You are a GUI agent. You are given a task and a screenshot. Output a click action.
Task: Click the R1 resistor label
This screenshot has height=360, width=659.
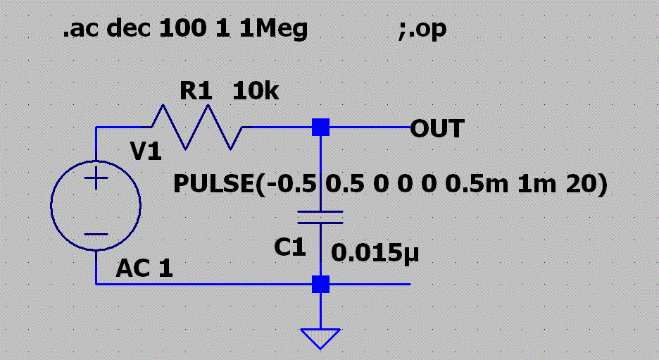point(196,91)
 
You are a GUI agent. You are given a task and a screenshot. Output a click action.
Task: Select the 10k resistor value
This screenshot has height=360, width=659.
point(256,91)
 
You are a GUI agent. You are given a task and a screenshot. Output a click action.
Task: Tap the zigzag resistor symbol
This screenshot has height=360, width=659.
point(198,128)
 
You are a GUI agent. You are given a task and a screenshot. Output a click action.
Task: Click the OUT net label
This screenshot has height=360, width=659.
point(437,129)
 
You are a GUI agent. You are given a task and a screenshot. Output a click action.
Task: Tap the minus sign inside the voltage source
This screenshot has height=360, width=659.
point(96,234)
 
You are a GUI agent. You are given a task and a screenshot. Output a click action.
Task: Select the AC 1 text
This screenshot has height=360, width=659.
point(144,268)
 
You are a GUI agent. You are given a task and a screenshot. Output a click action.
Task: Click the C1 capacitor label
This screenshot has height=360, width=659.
point(290,247)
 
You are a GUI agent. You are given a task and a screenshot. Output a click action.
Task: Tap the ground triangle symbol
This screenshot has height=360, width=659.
point(320,338)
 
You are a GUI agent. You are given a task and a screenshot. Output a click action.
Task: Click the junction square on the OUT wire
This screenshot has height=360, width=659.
point(320,128)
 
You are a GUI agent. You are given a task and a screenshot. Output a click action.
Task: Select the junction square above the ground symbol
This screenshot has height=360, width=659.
point(320,284)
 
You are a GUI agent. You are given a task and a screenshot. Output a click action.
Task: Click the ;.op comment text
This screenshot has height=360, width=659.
point(422,31)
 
